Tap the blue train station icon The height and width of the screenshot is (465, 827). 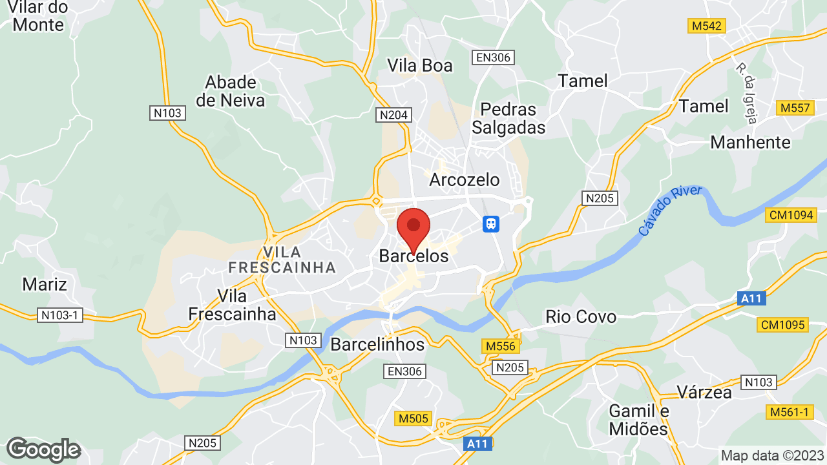pyautogui.click(x=491, y=224)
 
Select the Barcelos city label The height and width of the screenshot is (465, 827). pyautogui.click(x=413, y=256)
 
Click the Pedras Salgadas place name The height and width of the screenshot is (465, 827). pyautogui.click(x=508, y=118)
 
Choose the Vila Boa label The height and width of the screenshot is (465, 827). pyautogui.click(x=420, y=65)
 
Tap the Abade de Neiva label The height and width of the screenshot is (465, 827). pyautogui.click(x=231, y=91)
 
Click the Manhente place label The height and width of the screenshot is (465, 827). pyautogui.click(x=750, y=142)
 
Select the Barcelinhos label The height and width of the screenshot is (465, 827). pyautogui.click(x=377, y=344)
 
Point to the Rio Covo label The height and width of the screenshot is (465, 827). pyautogui.click(x=581, y=316)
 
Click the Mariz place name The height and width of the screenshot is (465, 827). pyautogui.click(x=45, y=284)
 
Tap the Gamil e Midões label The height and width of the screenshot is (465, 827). pyautogui.click(x=638, y=420)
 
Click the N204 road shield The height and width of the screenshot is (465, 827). pyautogui.click(x=393, y=115)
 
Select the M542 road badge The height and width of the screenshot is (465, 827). pyautogui.click(x=707, y=26)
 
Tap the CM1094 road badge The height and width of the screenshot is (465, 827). pyautogui.click(x=791, y=215)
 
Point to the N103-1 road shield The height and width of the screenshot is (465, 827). pyautogui.click(x=59, y=315)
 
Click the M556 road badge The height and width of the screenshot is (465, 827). pyautogui.click(x=501, y=347)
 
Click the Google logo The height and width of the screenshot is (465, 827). pyautogui.click(x=43, y=449)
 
